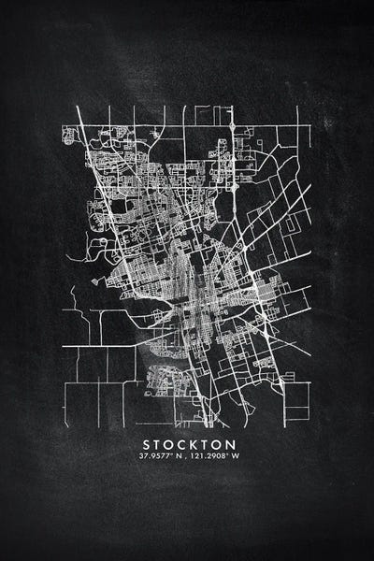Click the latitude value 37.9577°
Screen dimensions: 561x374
154,457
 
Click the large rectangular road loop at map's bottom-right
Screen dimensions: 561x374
296,399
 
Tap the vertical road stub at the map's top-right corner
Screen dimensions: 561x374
297,115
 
